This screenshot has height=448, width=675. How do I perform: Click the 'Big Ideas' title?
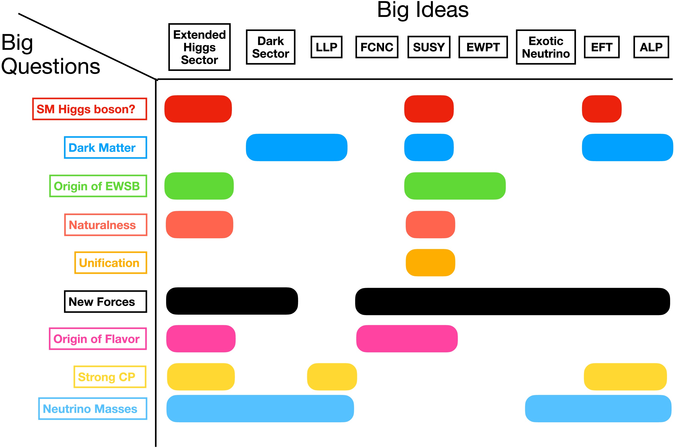tap(422, 10)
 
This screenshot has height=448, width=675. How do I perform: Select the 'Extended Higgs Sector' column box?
tap(199, 47)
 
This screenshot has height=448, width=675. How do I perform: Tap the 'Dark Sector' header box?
tap(270, 47)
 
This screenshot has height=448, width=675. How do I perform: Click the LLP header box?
tap(326, 47)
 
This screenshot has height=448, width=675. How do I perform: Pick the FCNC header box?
tap(377, 47)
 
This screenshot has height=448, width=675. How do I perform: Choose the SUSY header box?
tap(429, 47)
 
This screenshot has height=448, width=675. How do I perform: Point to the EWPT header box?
tap(483, 47)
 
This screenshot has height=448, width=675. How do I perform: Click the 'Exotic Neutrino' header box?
tap(546, 47)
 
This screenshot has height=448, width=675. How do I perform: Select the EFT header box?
tap(602, 47)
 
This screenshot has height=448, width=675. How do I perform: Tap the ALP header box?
tap(651, 47)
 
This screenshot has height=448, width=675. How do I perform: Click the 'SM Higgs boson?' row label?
tap(90, 109)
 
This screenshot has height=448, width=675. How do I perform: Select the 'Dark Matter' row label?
tap(105, 147)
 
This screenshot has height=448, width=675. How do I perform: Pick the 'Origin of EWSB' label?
tap(98, 186)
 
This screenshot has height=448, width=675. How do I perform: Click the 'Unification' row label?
tap(111, 263)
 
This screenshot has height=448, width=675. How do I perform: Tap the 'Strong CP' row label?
tap(110, 377)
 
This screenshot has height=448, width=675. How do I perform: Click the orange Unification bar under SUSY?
tap(430, 263)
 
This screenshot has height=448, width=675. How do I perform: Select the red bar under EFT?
tap(601, 109)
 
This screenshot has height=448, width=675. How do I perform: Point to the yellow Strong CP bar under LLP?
tap(332, 377)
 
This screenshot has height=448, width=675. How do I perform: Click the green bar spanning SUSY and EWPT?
tap(455, 186)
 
